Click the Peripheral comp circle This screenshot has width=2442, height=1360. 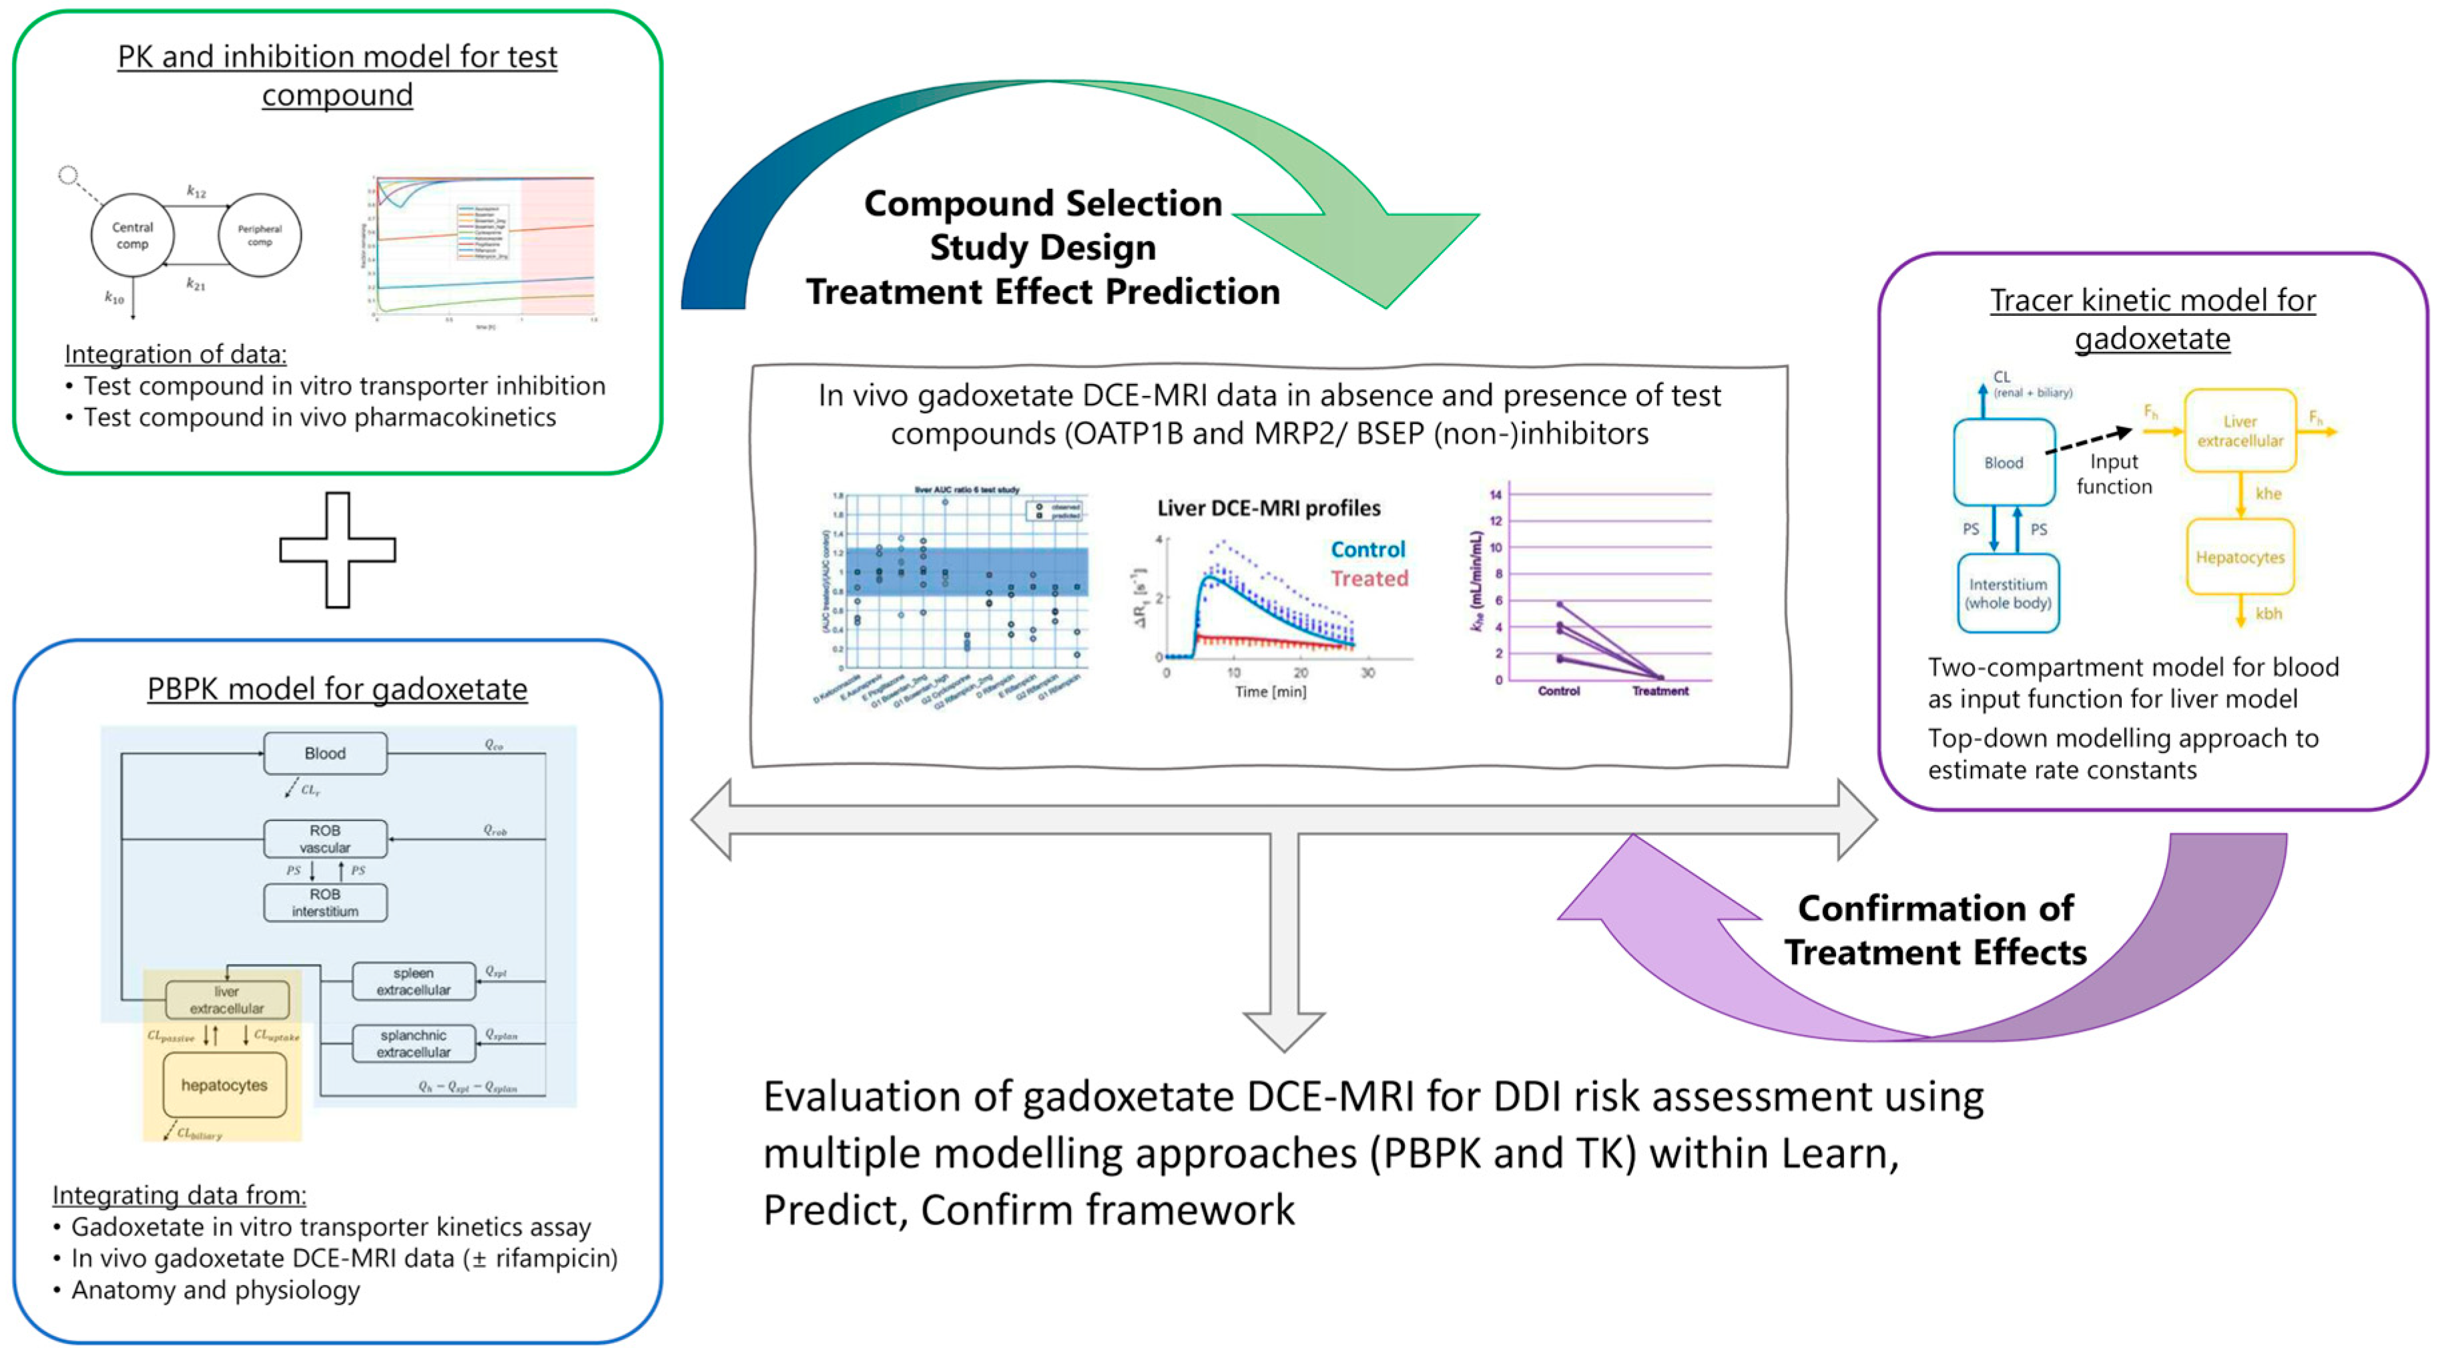(260, 235)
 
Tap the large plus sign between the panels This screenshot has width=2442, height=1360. (338, 550)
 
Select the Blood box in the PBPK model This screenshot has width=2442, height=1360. (325, 753)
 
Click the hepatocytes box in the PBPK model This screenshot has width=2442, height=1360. (225, 1085)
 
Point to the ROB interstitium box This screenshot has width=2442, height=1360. (325, 903)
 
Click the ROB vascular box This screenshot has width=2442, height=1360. (325, 839)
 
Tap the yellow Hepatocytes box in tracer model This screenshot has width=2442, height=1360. (2240, 557)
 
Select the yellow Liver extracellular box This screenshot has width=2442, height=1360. (2240, 431)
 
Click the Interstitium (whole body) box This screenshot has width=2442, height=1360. (2008, 594)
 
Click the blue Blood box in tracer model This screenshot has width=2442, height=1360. (2003, 463)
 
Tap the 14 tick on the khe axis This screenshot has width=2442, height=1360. (1496, 494)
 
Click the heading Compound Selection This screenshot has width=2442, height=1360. (1042, 204)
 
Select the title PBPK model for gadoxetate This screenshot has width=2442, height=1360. (338, 688)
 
